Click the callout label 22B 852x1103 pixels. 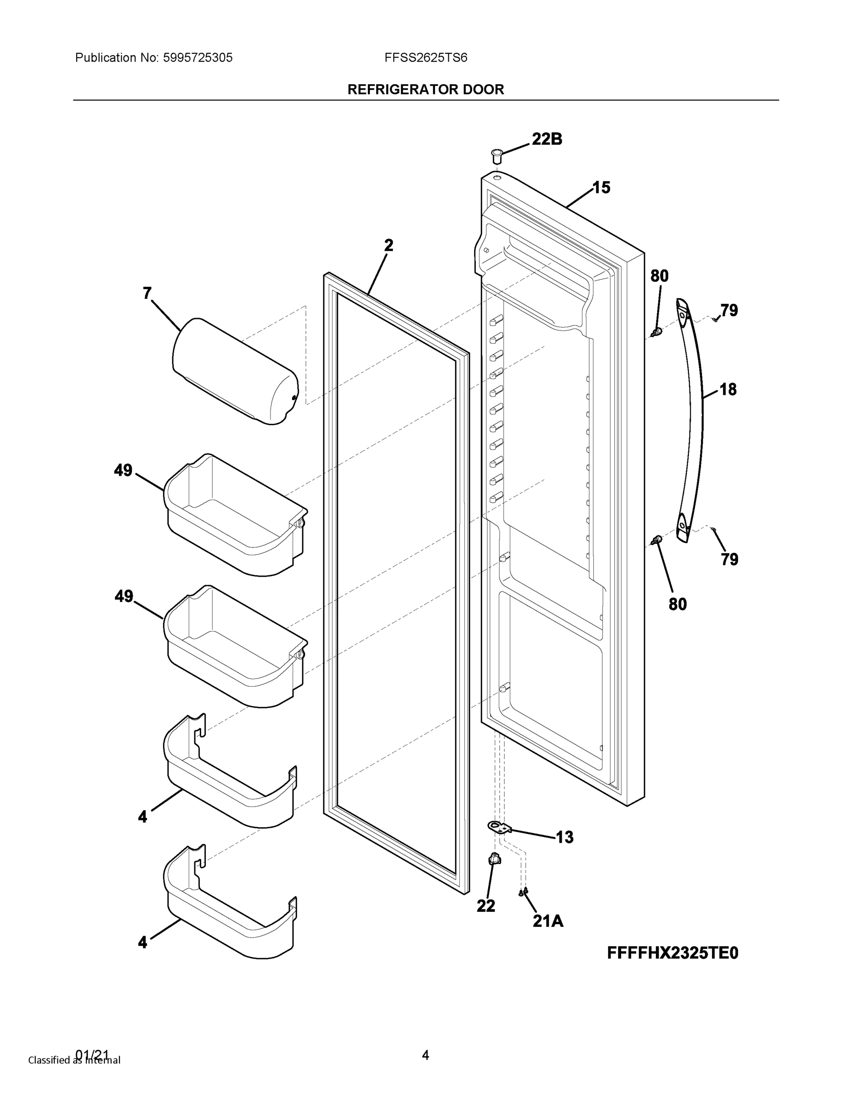547,139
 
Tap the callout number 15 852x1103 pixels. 601,188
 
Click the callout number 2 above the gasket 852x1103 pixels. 388,245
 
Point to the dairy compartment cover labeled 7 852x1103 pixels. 235,371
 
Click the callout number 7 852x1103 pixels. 147,293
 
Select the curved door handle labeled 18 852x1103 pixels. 691,419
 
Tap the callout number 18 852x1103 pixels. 728,389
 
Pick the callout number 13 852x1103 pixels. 564,837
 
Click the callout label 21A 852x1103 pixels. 547,921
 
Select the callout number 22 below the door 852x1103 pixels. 485,906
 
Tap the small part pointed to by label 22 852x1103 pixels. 494,859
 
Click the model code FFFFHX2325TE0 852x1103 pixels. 672,953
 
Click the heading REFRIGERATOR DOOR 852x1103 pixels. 425,90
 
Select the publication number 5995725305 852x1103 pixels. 197,58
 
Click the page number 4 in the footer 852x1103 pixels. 425,1055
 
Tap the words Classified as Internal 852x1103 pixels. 74,1059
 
